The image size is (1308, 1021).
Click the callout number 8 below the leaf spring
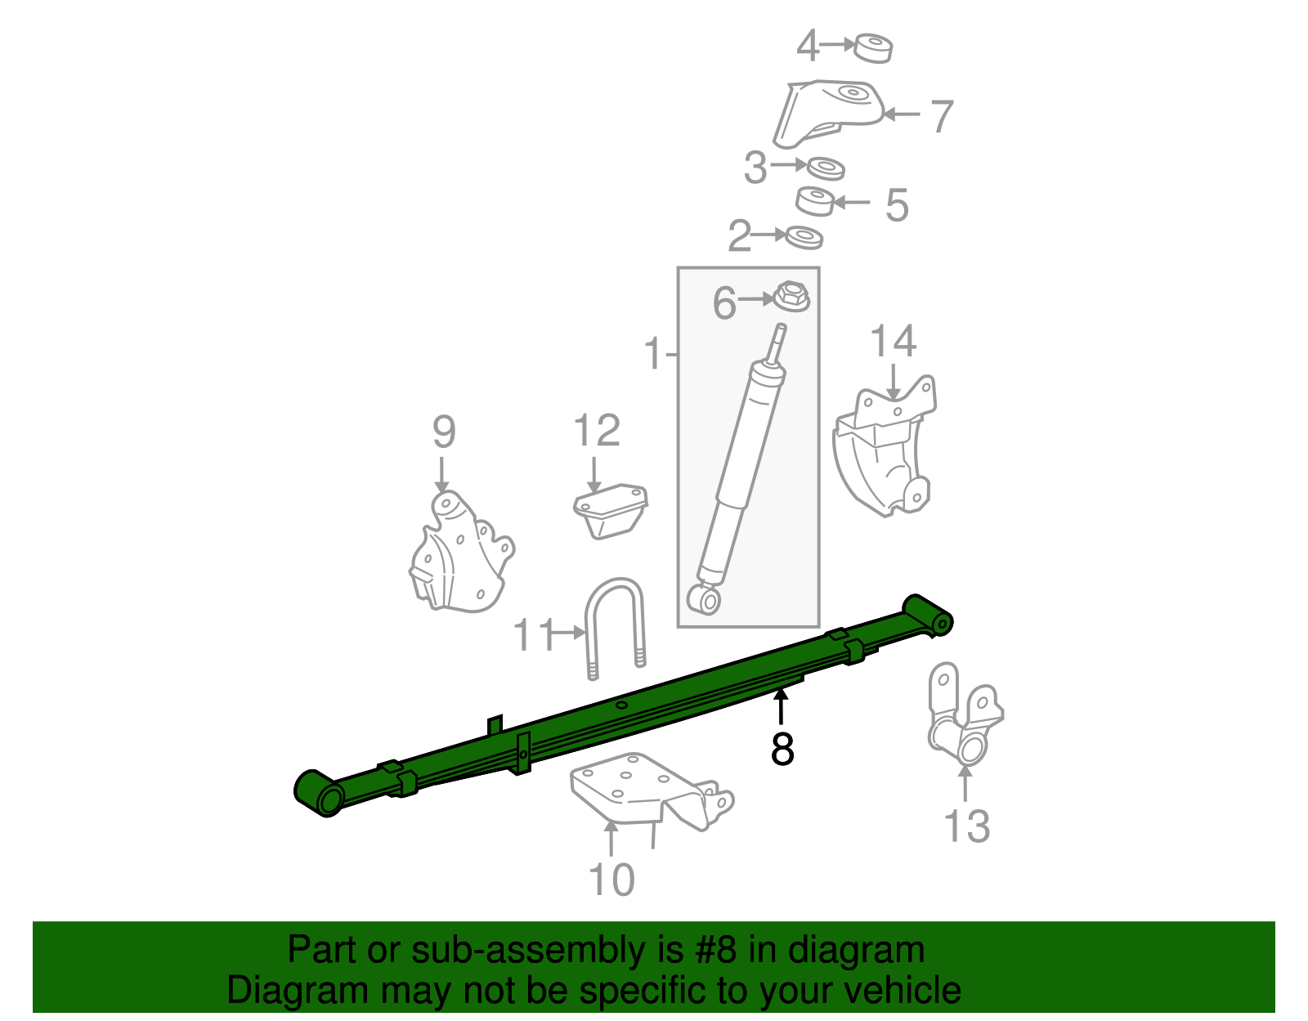[782, 749]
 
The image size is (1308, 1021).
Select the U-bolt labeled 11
[616, 625]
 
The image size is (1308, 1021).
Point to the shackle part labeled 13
[965, 715]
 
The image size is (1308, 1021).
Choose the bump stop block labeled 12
[611, 510]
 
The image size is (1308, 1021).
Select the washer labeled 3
[826, 168]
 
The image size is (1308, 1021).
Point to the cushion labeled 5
[815, 200]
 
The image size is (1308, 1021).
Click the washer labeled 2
[804, 238]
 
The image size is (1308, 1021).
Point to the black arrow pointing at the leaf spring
[782, 705]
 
